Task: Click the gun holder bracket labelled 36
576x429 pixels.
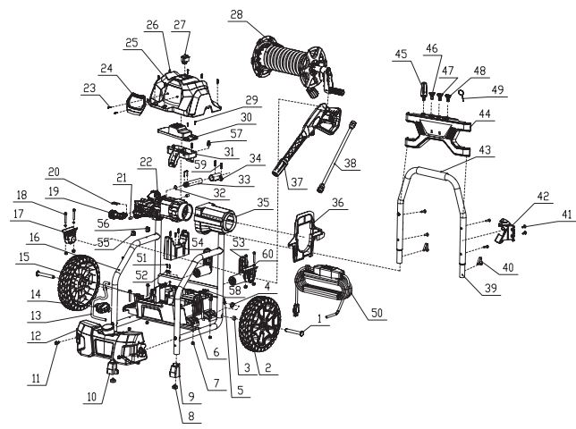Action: tap(303, 230)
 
